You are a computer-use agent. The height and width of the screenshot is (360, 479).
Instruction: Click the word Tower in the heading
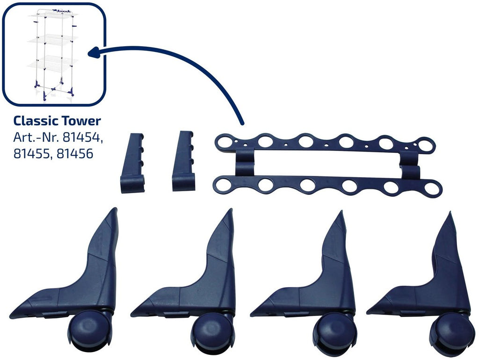click(x=81, y=121)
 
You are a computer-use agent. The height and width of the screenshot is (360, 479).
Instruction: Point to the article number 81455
click(x=33, y=154)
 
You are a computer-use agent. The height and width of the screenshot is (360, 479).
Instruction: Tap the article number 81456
click(x=75, y=154)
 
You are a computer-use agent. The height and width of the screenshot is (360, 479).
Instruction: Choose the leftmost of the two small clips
click(x=132, y=163)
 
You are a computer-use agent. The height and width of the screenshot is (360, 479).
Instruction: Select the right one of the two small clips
click(x=183, y=161)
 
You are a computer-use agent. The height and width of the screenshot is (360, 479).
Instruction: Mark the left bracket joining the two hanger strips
click(x=245, y=162)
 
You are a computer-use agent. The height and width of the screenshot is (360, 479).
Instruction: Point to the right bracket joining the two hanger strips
click(x=409, y=163)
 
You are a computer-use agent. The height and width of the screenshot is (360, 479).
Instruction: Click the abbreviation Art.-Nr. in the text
click(x=36, y=138)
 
